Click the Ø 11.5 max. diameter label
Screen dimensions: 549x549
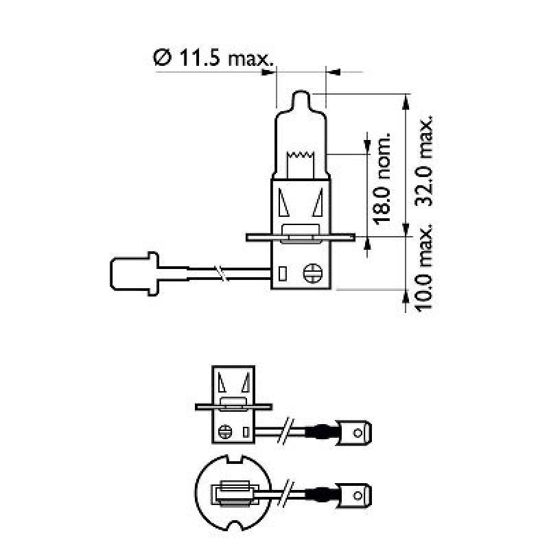pyautogui.click(x=213, y=58)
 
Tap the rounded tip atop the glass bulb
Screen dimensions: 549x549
pyautogui.click(x=302, y=100)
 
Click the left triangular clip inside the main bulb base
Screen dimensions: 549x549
pyautogui.click(x=285, y=202)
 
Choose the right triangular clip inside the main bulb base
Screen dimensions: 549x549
pyautogui.click(x=318, y=202)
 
